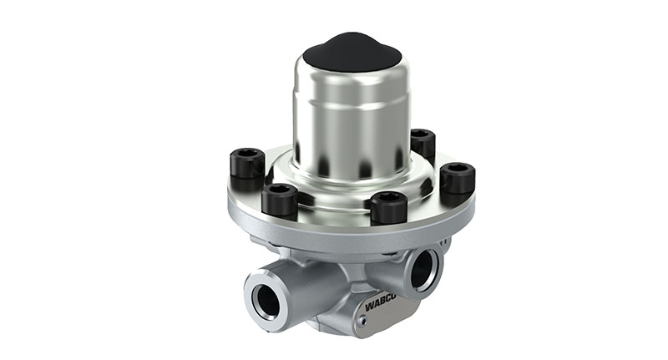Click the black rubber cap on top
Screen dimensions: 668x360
[352, 52]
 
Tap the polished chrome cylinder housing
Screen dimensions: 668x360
[351, 124]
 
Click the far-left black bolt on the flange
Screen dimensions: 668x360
[247, 163]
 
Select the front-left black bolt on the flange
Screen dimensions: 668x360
[280, 199]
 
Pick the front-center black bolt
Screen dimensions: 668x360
[389, 207]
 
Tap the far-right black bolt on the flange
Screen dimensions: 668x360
[458, 178]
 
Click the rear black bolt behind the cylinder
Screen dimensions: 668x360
[423, 145]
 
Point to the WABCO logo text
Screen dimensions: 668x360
[381, 305]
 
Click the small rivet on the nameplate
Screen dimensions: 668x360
[362, 322]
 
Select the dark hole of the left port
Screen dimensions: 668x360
[266, 300]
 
